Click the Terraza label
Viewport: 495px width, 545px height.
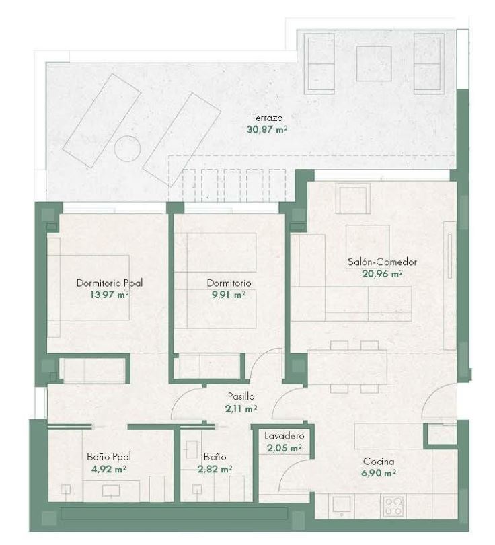(x=267, y=118)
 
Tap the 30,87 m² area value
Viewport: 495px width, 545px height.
(x=267, y=130)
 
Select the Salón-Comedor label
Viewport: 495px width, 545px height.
(x=382, y=262)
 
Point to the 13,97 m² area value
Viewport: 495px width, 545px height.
(x=110, y=295)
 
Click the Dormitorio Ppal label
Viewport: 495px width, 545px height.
(x=110, y=283)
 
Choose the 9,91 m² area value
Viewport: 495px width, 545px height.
(x=229, y=295)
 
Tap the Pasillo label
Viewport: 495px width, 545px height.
(x=241, y=396)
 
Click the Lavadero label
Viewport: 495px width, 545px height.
(x=284, y=436)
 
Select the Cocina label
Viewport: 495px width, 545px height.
(x=379, y=462)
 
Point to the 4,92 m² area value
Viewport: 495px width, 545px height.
(x=109, y=469)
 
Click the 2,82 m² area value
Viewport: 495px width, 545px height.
(x=215, y=469)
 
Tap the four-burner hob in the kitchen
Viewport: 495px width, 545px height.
(x=393, y=506)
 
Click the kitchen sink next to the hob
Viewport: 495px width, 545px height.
(x=342, y=505)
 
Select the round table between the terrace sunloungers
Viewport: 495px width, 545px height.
(x=128, y=149)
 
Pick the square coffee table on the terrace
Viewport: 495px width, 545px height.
(x=374, y=64)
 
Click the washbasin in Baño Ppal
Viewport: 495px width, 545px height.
(x=111, y=490)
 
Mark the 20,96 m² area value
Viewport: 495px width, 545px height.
(x=383, y=274)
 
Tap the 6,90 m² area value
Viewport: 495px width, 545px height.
(x=379, y=473)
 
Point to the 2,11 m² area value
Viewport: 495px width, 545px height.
(x=241, y=409)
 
